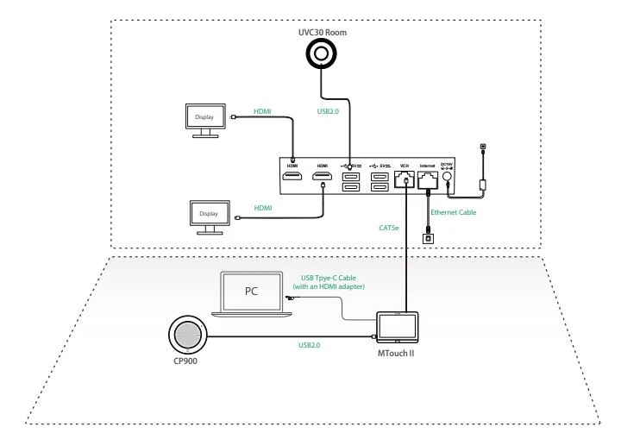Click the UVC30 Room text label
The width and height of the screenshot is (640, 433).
click(321, 31)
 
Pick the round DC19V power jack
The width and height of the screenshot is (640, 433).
click(447, 179)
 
